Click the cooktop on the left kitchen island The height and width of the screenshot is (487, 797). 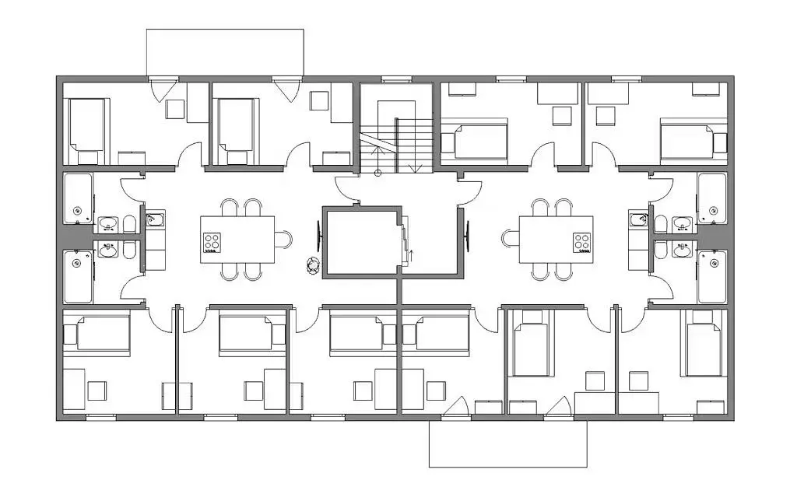tap(212, 242)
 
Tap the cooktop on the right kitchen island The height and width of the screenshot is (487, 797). tap(582, 242)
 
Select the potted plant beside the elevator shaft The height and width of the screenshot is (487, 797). tap(312, 266)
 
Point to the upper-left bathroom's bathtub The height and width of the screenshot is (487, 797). tap(77, 198)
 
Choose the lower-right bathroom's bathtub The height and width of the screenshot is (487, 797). tap(711, 276)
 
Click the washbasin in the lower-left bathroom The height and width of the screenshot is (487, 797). tap(110, 250)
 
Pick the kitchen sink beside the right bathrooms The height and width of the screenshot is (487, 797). tap(639, 219)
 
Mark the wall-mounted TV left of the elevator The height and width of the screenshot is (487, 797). tap(318, 234)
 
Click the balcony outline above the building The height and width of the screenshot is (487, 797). tap(225, 52)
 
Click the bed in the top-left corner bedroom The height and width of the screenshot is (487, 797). tap(86, 124)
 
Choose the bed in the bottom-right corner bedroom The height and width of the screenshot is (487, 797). tap(705, 344)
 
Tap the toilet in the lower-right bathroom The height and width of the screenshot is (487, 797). tap(660, 250)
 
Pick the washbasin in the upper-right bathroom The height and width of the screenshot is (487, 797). tap(683, 225)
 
